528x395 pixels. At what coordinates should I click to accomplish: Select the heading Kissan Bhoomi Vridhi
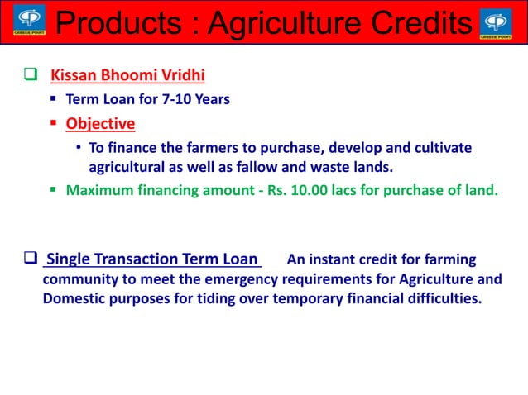pyautogui.click(x=127, y=76)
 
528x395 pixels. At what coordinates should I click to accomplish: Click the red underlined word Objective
pyautogui.click(x=100, y=124)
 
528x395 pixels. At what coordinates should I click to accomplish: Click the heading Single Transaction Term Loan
pyautogui.click(x=152, y=259)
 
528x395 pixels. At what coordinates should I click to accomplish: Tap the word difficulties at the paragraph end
pyautogui.click(x=441, y=298)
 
